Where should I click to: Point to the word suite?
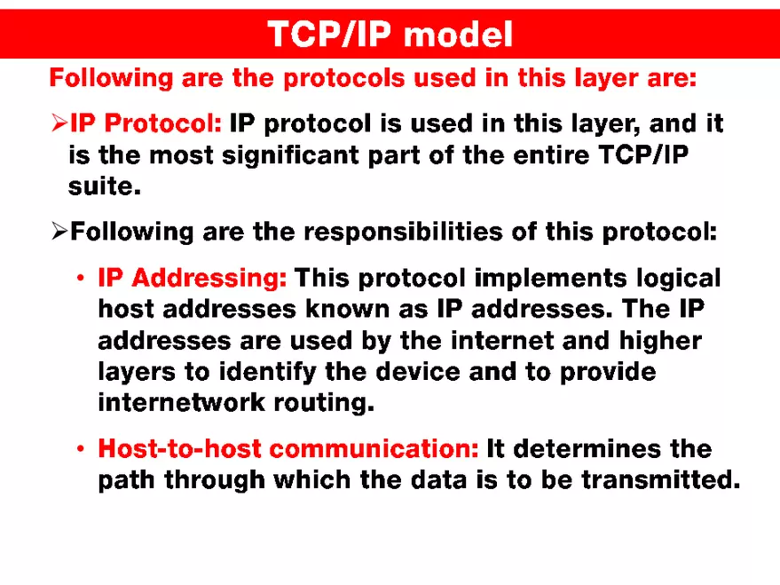coord(104,187)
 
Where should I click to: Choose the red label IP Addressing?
coord(193,278)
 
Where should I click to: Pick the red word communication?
coord(374,448)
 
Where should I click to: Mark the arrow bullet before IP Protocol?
coord(59,124)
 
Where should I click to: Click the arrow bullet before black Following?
coord(59,233)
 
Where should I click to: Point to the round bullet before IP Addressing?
coord(80,279)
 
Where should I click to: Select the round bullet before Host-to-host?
coord(80,449)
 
